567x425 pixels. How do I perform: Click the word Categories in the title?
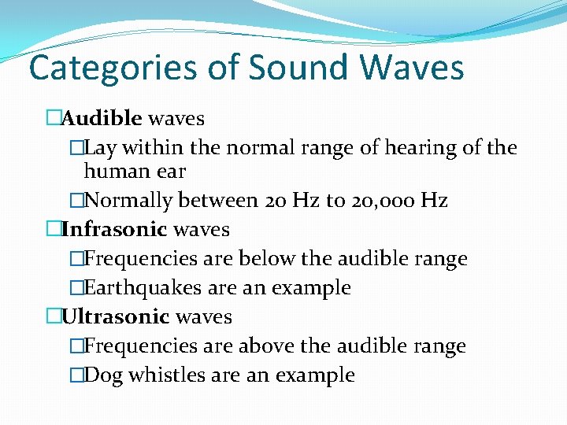(112, 68)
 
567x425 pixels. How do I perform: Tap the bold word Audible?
(102, 119)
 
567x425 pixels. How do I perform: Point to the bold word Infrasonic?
(114, 230)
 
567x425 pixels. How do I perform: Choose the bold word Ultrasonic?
(116, 317)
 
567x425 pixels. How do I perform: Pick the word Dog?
(102, 375)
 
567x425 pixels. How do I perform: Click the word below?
(265, 259)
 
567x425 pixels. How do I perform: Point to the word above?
(265, 346)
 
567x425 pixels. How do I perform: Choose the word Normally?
(128, 201)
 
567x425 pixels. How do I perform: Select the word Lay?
(99, 148)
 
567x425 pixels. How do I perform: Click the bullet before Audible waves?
(53, 119)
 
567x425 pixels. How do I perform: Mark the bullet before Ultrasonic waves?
(53, 317)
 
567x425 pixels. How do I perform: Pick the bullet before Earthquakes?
(76, 288)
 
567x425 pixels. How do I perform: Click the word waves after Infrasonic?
(201, 230)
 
